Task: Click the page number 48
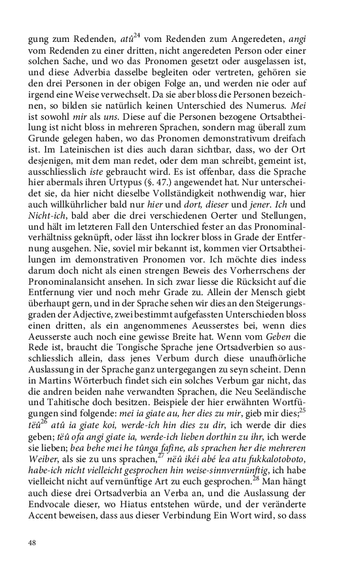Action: click(32, 542)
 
